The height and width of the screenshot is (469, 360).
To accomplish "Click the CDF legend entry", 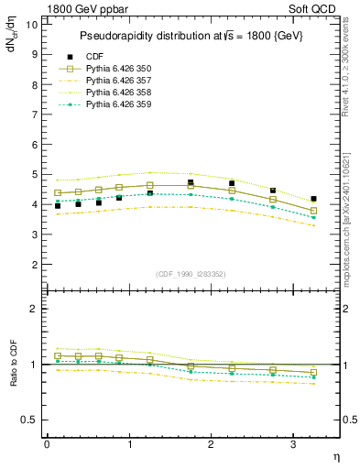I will click(95, 56).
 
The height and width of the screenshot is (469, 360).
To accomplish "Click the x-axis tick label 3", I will click(294, 444).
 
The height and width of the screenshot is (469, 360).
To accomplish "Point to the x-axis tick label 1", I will click(129, 444).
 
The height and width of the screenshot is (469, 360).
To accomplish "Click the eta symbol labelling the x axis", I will click(335, 456).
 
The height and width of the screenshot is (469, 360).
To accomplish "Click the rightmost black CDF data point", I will click(313, 199).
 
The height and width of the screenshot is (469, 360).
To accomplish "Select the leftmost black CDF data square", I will click(58, 206).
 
